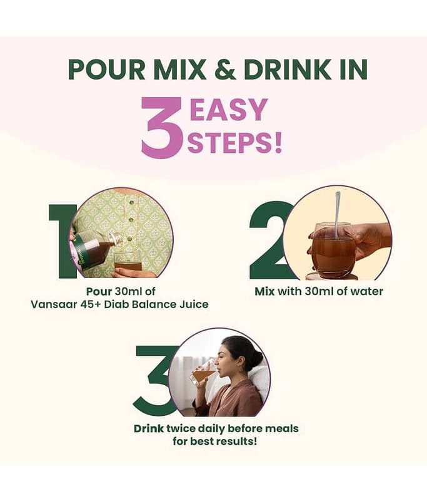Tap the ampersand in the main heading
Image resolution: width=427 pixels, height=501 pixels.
225,70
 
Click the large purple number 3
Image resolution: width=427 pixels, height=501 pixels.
163,128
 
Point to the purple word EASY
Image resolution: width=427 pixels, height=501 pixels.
228,110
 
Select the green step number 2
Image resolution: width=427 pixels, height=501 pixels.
268,240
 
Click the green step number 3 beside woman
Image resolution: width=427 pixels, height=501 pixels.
153,381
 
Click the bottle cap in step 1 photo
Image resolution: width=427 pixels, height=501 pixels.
117,238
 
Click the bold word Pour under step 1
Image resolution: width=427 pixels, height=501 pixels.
99,291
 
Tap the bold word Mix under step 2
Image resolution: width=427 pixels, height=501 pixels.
264,291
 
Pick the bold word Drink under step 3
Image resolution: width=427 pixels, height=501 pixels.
149,428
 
